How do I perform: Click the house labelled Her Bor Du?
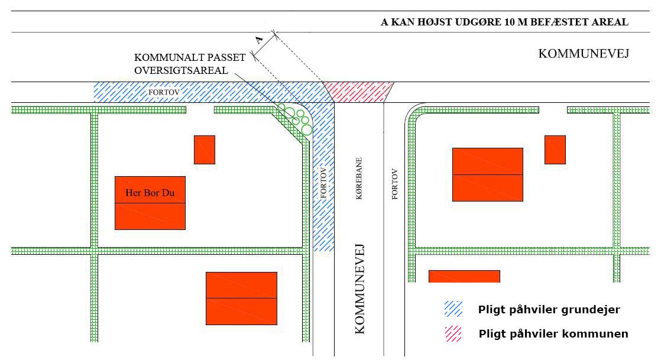pyautogui.click(x=150, y=203)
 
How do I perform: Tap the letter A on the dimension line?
pyautogui.click(x=259, y=40)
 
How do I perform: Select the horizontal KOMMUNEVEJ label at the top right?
pyautogui.click(x=584, y=54)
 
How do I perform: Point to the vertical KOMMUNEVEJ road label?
pyautogui.click(x=359, y=288)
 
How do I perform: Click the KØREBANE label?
pyautogui.click(x=359, y=179)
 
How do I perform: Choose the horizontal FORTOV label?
pyautogui.click(x=164, y=92)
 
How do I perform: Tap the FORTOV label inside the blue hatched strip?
pyautogui.click(x=323, y=183)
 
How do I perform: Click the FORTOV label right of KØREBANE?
pyautogui.click(x=394, y=184)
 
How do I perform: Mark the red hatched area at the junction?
pyautogui.click(x=359, y=92)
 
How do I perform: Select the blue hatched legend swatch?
pyautogui.click(x=453, y=309)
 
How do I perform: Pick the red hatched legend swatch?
pyautogui.click(x=453, y=334)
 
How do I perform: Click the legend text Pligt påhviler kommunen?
pyautogui.click(x=553, y=334)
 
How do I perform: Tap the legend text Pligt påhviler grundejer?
pyautogui.click(x=549, y=310)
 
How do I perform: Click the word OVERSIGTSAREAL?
pyautogui.click(x=182, y=70)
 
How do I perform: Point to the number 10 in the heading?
pyautogui.click(x=509, y=22)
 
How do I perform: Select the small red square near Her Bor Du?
pyautogui.click(x=205, y=150)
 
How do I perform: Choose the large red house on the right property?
pyautogui.click(x=488, y=174)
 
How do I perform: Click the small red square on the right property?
pyautogui.click(x=555, y=150)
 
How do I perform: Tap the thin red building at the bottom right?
pyautogui.click(x=464, y=276)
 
